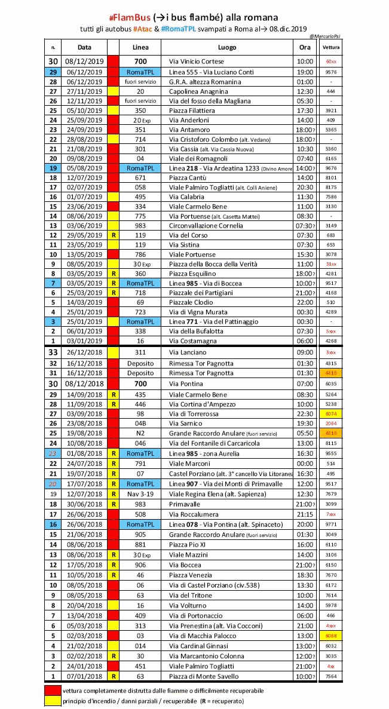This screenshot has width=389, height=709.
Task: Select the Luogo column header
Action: coord(227,47)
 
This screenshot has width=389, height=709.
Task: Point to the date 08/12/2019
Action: coord(84,62)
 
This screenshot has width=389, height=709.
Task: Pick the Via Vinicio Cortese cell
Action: coord(197,62)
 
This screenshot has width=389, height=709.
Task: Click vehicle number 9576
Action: coord(331,72)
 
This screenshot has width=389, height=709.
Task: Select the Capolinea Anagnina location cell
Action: coord(198,92)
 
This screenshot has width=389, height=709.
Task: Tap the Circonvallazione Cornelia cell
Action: coord(206,226)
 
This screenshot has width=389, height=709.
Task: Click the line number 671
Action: coord(140,178)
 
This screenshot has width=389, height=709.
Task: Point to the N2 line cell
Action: coord(140,433)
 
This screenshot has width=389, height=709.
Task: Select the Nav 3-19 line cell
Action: coord(140,495)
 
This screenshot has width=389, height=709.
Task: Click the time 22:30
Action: coord(305,414)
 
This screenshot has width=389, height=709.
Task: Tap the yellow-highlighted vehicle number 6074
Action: coord(331,414)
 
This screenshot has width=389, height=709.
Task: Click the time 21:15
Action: coord(305,514)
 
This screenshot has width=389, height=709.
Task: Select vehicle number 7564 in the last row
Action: coord(331,677)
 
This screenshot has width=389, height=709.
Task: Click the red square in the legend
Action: coord(53,691)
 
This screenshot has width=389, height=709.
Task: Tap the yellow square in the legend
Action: coord(53,701)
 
